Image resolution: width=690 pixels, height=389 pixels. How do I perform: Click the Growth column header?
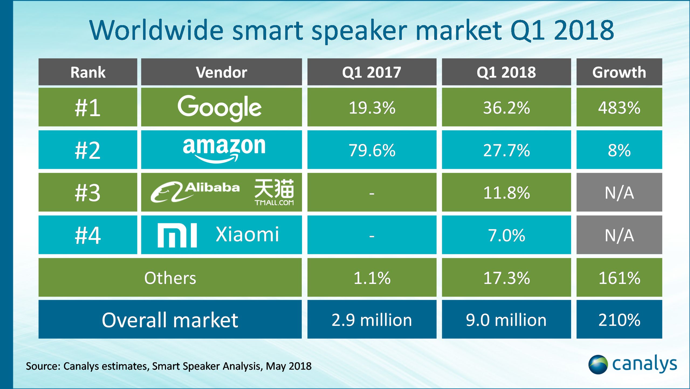point(619,72)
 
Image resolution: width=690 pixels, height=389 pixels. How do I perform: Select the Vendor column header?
point(221,72)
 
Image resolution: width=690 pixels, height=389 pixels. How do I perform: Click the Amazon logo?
point(224,149)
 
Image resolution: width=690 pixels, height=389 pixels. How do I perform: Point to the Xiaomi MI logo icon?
point(177,235)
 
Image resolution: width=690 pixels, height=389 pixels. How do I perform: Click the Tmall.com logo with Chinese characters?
point(274,192)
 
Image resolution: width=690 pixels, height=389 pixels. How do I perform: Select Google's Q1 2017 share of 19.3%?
point(372,108)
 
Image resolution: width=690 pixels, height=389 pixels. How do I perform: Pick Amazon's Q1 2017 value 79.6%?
point(372,150)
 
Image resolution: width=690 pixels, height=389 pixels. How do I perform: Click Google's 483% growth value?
point(619,108)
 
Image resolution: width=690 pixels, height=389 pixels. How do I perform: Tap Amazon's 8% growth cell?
point(619,150)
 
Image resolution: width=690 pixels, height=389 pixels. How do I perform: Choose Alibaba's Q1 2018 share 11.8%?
point(506,193)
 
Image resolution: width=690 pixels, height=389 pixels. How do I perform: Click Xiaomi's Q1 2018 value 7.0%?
point(506,235)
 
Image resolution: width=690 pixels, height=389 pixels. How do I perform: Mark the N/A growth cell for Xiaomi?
point(619,235)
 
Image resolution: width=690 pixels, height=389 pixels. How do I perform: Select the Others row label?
point(170,278)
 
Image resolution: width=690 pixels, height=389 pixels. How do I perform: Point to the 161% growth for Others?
point(619,278)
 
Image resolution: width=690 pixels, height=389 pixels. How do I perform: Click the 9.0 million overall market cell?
point(506,320)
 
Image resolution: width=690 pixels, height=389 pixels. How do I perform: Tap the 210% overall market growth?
point(619,320)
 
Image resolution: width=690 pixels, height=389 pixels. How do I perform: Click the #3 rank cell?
point(88,193)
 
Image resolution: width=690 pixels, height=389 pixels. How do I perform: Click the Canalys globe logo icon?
point(598,364)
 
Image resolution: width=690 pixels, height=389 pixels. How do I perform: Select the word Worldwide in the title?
point(157,30)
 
